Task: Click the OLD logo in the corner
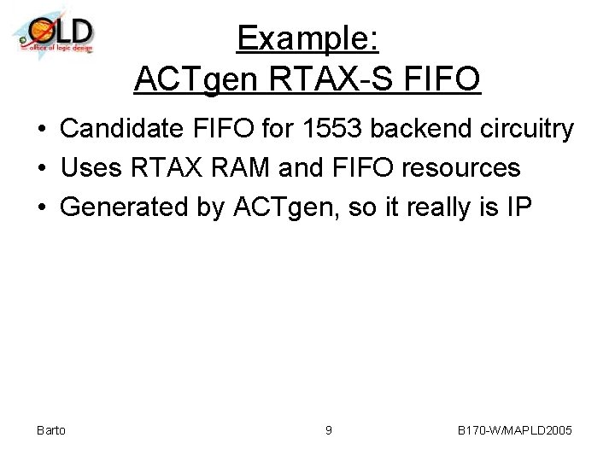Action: [53, 32]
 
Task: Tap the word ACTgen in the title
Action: [197, 79]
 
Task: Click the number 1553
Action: [323, 129]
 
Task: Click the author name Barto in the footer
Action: [51, 430]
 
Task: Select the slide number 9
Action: [329, 430]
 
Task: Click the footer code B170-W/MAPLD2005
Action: [514, 430]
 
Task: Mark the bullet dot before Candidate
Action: [41, 130]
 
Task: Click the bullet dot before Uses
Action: [41, 168]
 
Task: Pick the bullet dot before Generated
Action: [41, 207]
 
